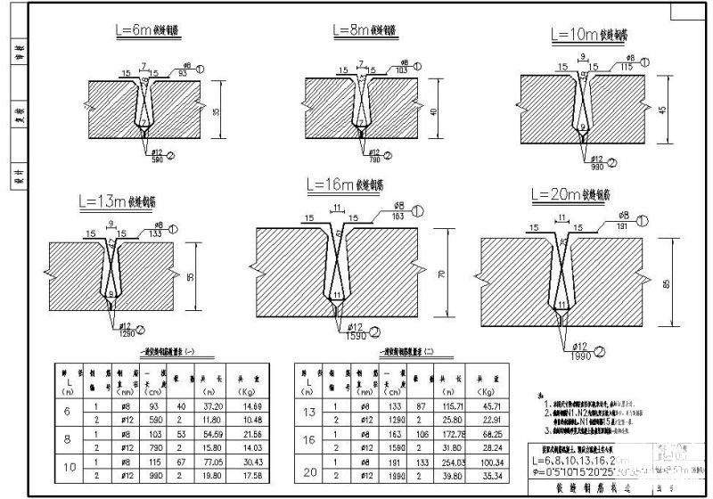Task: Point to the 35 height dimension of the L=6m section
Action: pyautogui.click(x=228, y=110)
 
